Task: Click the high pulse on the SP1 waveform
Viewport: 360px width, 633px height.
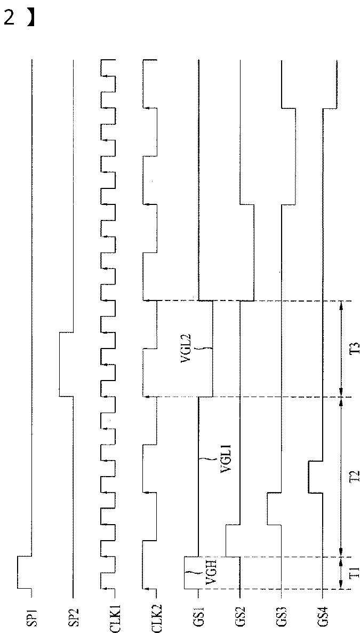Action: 24,572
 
